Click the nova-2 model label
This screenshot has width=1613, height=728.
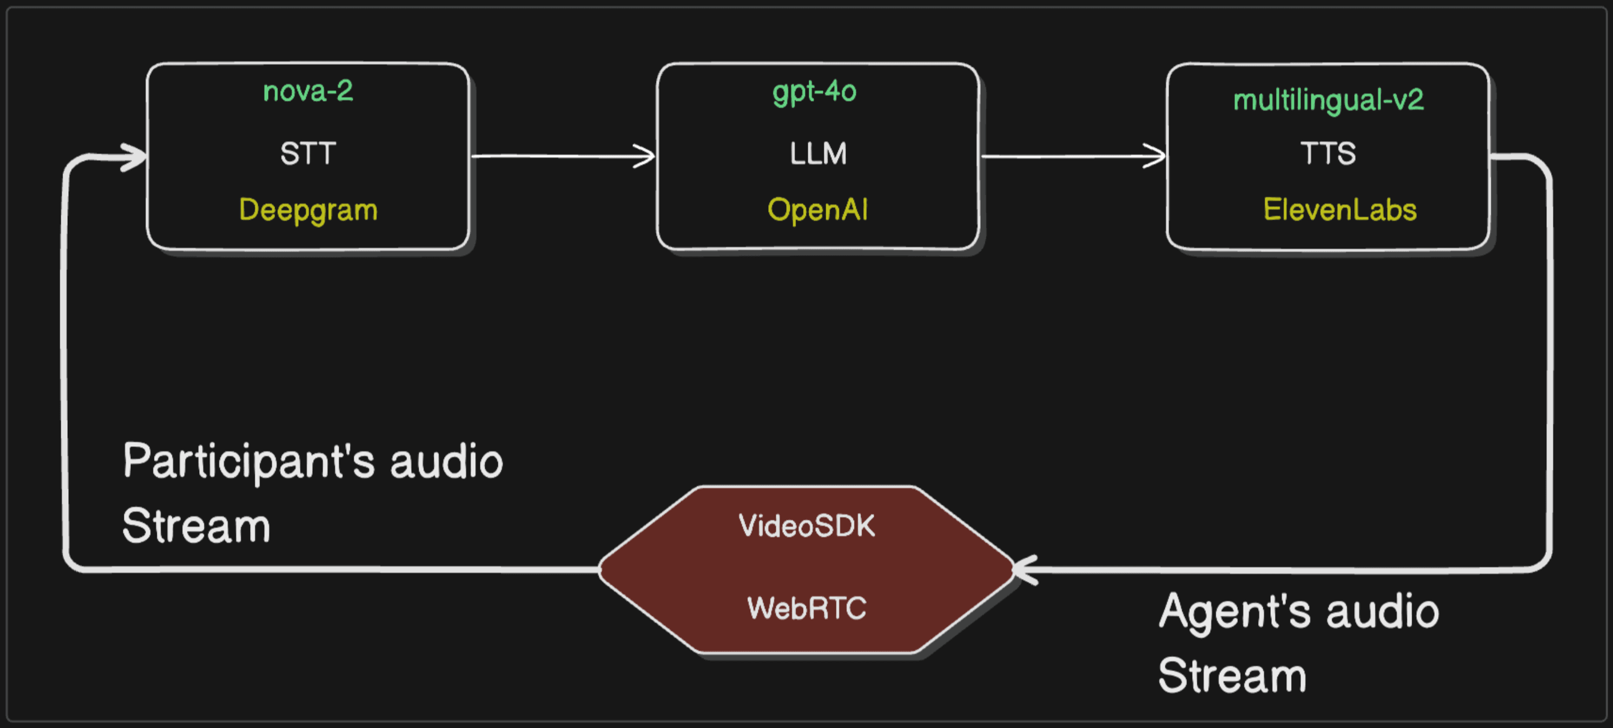click(x=307, y=91)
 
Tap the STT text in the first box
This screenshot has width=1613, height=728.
click(x=307, y=153)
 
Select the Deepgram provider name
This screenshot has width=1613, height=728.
click(x=307, y=209)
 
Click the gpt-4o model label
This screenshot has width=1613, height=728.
click(x=814, y=92)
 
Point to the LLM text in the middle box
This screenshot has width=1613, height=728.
click(x=818, y=153)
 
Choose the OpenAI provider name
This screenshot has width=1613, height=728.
click(x=817, y=209)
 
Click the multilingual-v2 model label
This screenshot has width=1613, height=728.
click(x=1328, y=100)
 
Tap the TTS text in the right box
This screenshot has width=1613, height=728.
click(x=1328, y=153)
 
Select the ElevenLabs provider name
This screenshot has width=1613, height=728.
click(x=1339, y=209)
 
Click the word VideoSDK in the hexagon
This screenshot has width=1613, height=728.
click(x=806, y=526)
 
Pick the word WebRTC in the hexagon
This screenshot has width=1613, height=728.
click(x=806, y=608)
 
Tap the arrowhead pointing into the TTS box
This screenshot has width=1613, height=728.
click(x=1156, y=156)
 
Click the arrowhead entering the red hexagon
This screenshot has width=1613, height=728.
click(x=1024, y=569)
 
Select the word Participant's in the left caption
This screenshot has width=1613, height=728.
click(x=248, y=462)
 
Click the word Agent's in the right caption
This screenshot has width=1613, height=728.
click(x=1234, y=612)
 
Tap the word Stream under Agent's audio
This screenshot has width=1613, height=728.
click(x=1231, y=675)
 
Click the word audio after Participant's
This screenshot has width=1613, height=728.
click(x=446, y=462)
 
